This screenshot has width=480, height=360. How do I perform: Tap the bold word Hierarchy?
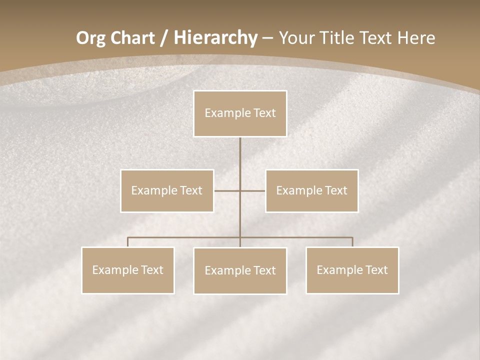215,38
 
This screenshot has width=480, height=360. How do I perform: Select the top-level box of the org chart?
240,113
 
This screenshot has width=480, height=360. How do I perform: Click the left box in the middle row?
167,190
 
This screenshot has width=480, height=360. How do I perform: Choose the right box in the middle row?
312,190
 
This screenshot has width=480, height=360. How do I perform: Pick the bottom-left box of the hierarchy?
128,270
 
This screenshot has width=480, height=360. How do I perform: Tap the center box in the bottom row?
240,270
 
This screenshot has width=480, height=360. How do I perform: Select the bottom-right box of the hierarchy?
352,270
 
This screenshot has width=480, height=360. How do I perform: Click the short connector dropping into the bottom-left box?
128,242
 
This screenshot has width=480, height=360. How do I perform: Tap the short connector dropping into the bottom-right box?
352,242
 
